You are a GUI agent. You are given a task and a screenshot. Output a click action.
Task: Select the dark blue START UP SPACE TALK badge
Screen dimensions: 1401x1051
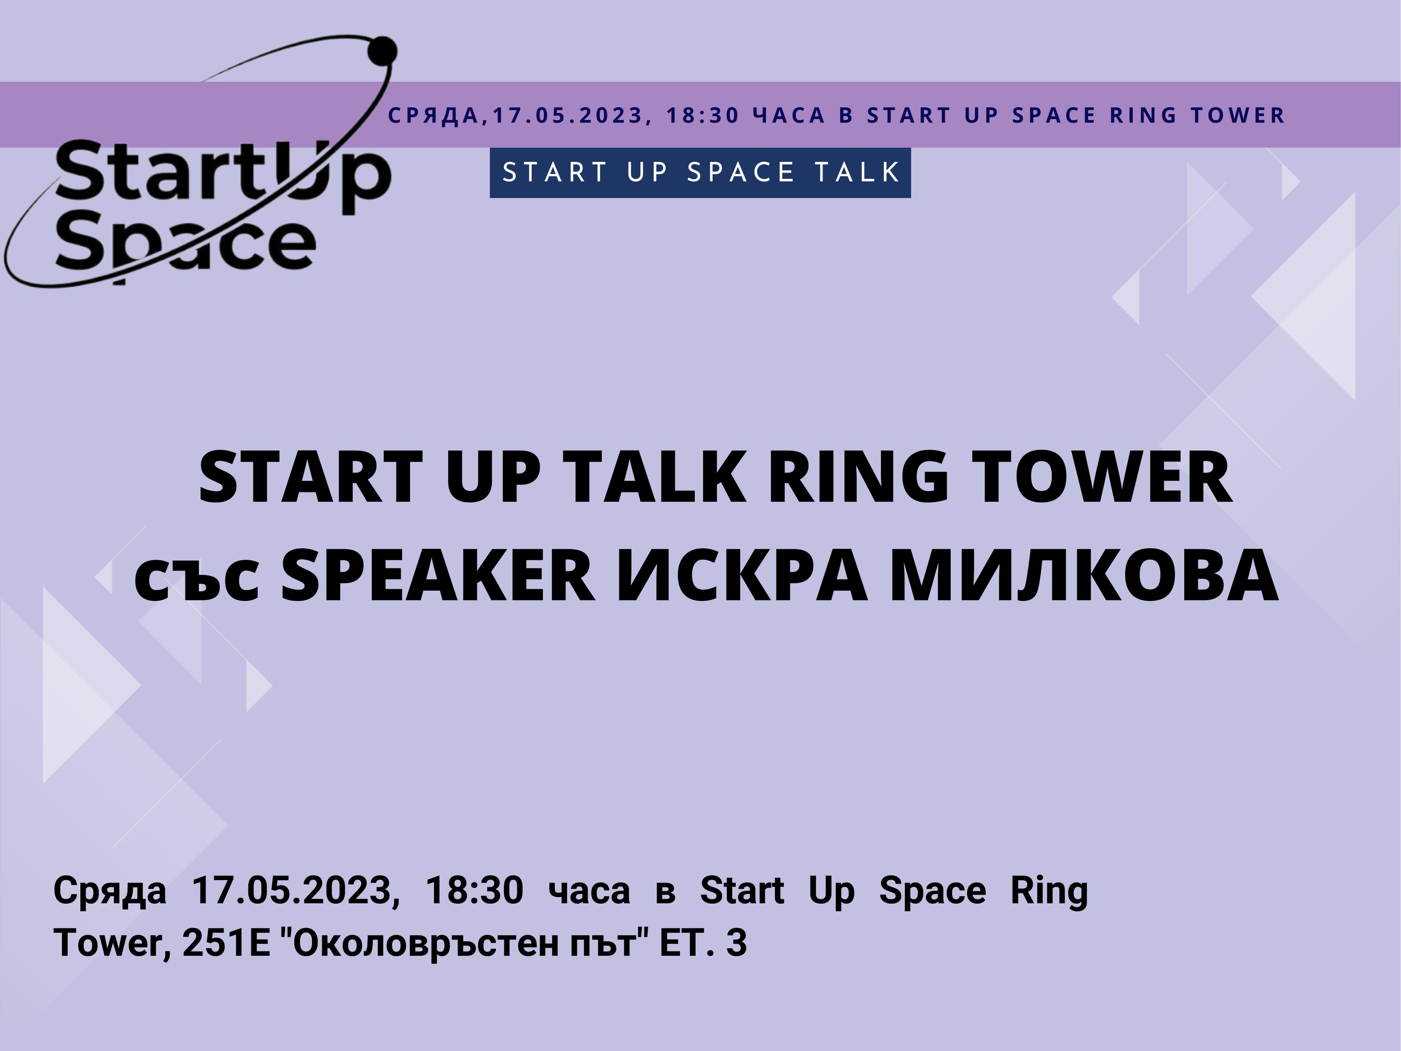point(700,172)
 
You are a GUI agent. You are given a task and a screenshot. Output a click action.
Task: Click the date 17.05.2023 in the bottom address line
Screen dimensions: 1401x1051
point(296,891)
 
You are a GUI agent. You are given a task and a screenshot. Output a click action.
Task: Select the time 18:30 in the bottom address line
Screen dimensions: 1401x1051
point(474,890)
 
